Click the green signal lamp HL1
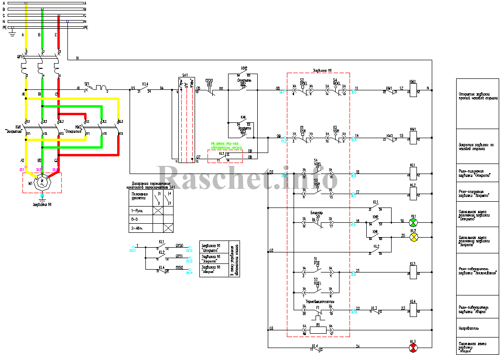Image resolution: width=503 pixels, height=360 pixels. (x=413, y=223)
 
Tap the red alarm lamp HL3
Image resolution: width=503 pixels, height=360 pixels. (x=413, y=347)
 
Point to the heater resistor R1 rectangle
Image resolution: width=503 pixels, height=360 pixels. (x=317, y=329)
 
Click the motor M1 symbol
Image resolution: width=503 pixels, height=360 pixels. (x=42, y=181)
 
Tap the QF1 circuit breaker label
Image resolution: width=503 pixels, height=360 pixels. (x=20, y=57)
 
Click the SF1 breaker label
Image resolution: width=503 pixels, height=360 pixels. (x=87, y=84)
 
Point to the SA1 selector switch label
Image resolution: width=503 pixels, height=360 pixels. (x=185, y=76)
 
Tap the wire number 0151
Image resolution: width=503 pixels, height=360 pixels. (x=180, y=256)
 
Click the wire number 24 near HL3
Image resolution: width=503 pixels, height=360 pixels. (x=358, y=345)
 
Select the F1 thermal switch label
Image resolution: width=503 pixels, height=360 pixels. (x=317, y=306)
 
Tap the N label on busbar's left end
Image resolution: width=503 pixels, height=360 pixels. (x=4, y=22)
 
